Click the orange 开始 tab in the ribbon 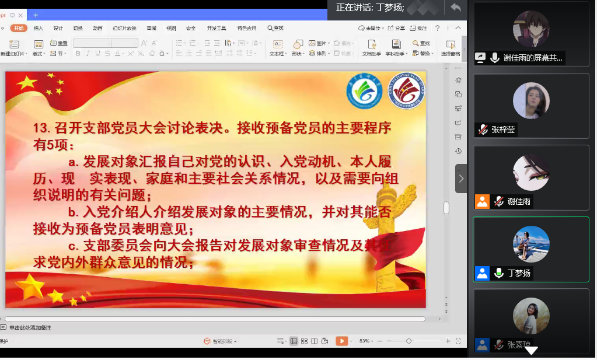[19, 28]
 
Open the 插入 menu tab [39, 28]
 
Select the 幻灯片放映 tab [124, 28]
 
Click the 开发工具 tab [217, 28]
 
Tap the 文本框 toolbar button [277, 47]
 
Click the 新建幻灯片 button [13, 47]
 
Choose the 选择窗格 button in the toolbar [450, 47]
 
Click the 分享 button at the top [397, 28]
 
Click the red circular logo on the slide [407, 91]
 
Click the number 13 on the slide [41, 128]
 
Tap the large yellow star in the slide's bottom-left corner [30, 286]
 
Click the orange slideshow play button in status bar [341, 341]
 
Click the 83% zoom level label [365, 341]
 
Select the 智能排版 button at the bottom [218, 341]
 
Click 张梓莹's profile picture [531, 100]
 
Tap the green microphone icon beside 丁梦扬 [498, 273]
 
